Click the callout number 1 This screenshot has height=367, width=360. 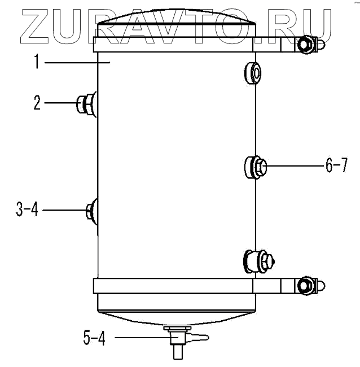click(x=37, y=62)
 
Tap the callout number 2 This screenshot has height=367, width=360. click(x=37, y=103)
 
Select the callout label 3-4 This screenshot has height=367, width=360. click(x=27, y=209)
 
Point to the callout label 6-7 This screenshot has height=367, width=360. click(x=337, y=165)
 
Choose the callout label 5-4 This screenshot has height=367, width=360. click(x=94, y=338)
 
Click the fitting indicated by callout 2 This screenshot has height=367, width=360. click(x=86, y=104)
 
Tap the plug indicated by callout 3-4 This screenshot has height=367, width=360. click(x=92, y=211)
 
